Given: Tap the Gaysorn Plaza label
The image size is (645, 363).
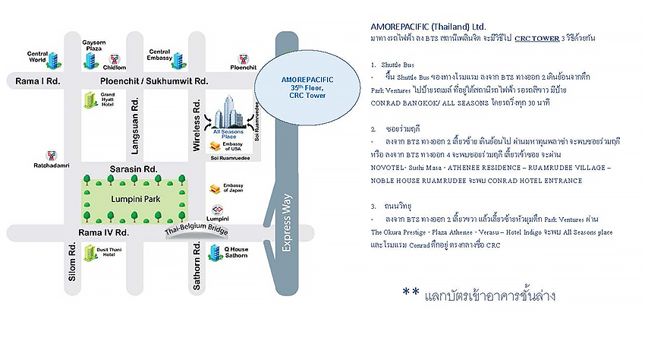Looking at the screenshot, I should tap(93, 45).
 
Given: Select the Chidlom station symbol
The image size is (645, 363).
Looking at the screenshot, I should tap(114, 58).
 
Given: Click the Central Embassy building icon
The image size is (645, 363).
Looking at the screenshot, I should tap(178, 61).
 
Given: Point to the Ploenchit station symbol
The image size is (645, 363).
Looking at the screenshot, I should tap(243, 58).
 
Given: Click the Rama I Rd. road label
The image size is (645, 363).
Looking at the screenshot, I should tap(33, 80).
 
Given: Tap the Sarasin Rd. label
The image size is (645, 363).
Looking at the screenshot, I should tap(133, 168).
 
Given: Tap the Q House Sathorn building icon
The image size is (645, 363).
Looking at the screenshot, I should tap(217, 251).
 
